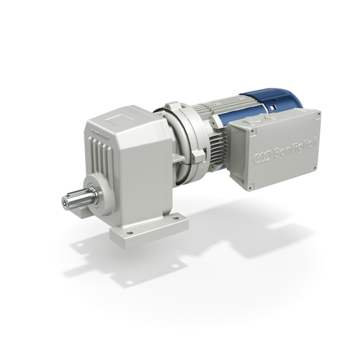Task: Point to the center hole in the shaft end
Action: tap(65, 200)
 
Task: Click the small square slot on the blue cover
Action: tap(271, 108)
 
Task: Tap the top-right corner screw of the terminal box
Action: tap(319, 114)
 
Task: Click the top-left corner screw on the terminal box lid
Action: tap(253, 132)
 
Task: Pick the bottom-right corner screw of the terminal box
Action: tap(315, 168)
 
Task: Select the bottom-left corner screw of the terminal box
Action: tap(250, 188)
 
